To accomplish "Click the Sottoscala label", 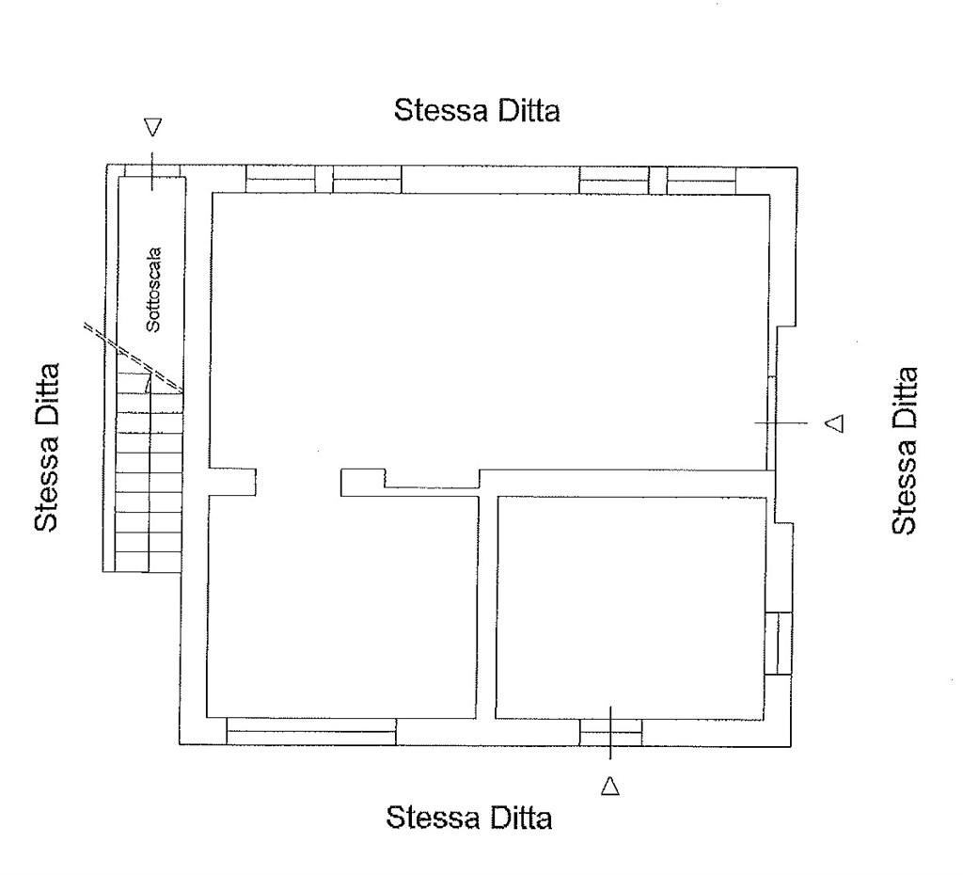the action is pyautogui.click(x=153, y=290).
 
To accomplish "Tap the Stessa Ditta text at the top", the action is pyautogui.click(x=477, y=111).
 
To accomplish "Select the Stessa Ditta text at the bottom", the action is pyautogui.click(x=469, y=818).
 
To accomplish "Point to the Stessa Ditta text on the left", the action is pyautogui.click(x=46, y=447).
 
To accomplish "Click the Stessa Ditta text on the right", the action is pyautogui.click(x=904, y=451).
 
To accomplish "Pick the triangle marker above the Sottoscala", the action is pyautogui.click(x=153, y=127).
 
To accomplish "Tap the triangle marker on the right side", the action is pyautogui.click(x=835, y=422).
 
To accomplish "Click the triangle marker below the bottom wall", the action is pyautogui.click(x=609, y=786).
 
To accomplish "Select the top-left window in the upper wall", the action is pyautogui.click(x=324, y=179).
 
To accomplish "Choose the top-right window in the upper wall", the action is pyautogui.click(x=657, y=180).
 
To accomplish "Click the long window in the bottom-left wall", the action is pyautogui.click(x=311, y=731).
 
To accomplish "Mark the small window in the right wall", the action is pyautogui.click(x=779, y=643).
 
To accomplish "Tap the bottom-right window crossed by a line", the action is pyautogui.click(x=611, y=732).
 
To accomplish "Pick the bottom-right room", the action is pyautogui.click(x=631, y=607).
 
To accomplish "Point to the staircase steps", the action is pyautogui.click(x=150, y=473).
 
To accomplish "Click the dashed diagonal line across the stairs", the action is pyautogui.click(x=134, y=358).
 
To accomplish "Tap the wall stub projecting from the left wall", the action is pyautogui.click(x=233, y=482).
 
